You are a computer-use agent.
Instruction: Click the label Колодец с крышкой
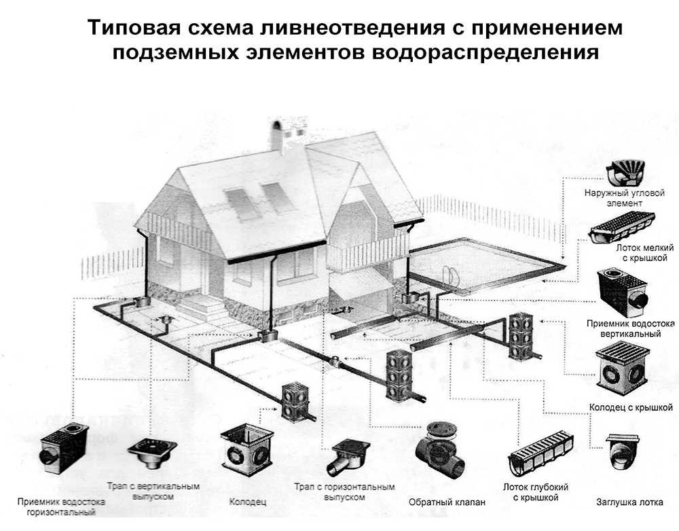[x=631, y=408]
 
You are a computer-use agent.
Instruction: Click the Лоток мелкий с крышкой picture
[x=621, y=227]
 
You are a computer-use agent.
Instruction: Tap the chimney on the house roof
[x=278, y=135]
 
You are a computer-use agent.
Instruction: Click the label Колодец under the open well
[x=244, y=502]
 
